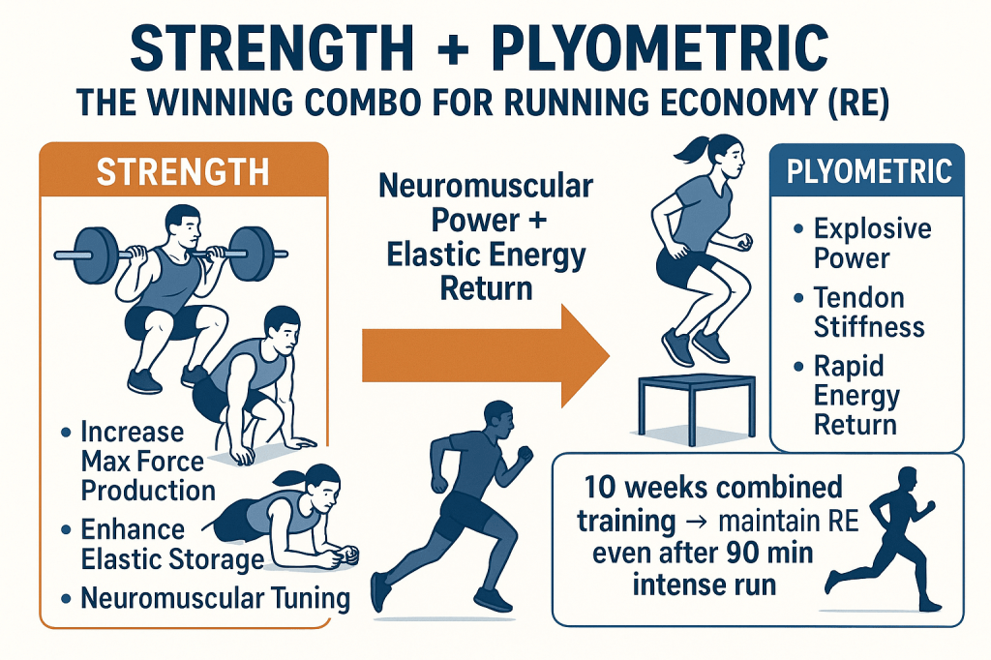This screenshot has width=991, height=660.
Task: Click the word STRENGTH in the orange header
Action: pyautogui.click(x=183, y=172)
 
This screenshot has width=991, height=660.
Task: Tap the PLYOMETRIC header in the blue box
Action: pyautogui.click(x=869, y=171)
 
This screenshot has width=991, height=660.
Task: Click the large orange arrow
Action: pyautogui.click(x=486, y=356)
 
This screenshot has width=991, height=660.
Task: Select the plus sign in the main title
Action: pyautogui.click(x=453, y=49)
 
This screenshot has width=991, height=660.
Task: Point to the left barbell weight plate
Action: pyautogui.click(x=96, y=255)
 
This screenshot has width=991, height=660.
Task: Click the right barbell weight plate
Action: pyautogui.click(x=251, y=255)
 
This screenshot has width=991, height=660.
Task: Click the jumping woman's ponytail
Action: pyautogui.click(x=690, y=150)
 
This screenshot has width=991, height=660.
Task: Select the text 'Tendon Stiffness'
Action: pyautogui.click(x=868, y=313)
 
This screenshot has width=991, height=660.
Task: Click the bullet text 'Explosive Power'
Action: pyautogui.click(x=872, y=244)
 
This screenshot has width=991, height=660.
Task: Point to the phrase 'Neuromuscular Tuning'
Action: pyautogui.click(x=215, y=598)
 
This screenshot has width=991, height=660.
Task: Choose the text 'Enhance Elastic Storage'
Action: pyautogui.click(x=172, y=544)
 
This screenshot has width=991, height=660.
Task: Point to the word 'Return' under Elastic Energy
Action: pyautogui.click(x=486, y=288)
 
